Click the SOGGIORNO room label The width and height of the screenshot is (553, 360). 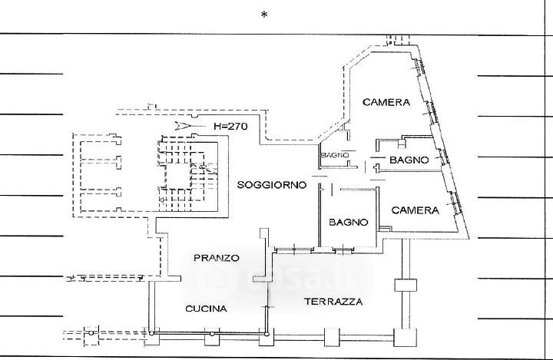coord(272,185)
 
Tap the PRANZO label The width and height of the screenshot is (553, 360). coord(216,258)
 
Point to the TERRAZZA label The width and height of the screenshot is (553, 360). coord(333,302)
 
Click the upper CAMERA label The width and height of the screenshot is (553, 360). coord(386,102)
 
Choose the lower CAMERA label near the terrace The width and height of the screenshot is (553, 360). coord(415,210)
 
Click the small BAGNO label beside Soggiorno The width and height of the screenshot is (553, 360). coord(335,155)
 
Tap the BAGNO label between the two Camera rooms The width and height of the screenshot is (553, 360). coord(409,160)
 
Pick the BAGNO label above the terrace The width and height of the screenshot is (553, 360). coord(349,223)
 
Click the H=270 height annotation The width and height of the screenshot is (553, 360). coord(231,126)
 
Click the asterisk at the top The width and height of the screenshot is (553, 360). coord(264,15)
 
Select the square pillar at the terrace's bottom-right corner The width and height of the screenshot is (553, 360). coord(406,338)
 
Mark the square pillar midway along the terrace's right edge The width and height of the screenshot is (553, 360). coord(406,285)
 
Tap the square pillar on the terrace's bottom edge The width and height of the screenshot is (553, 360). coord(332,338)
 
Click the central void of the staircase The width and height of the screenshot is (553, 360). coord(178,177)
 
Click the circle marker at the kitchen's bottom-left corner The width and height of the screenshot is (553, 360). coord(151,333)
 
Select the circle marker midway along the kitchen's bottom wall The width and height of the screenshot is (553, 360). coord(212,334)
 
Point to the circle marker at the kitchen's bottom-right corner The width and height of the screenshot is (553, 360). coord(267,334)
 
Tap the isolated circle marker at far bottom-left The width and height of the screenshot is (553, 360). coord(91,333)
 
